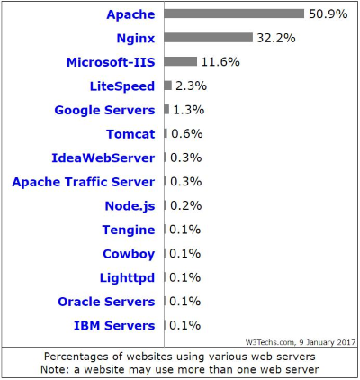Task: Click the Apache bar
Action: (234, 14)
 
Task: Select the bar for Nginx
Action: (208, 38)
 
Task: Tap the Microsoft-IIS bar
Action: (180, 61)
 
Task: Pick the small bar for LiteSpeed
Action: (167, 86)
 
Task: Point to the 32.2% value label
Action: (275, 38)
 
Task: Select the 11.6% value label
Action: (220, 61)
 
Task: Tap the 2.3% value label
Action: (189, 86)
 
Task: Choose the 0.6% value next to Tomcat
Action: (184, 133)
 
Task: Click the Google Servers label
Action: (104, 110)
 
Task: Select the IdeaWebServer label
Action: (103, 158)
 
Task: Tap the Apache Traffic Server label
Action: (84, 182)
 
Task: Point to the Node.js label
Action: (130, 205)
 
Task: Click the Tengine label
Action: (129, 230)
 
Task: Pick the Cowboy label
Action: (129, 253)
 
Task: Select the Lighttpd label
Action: (127, 277)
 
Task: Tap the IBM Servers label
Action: (113, 325)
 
